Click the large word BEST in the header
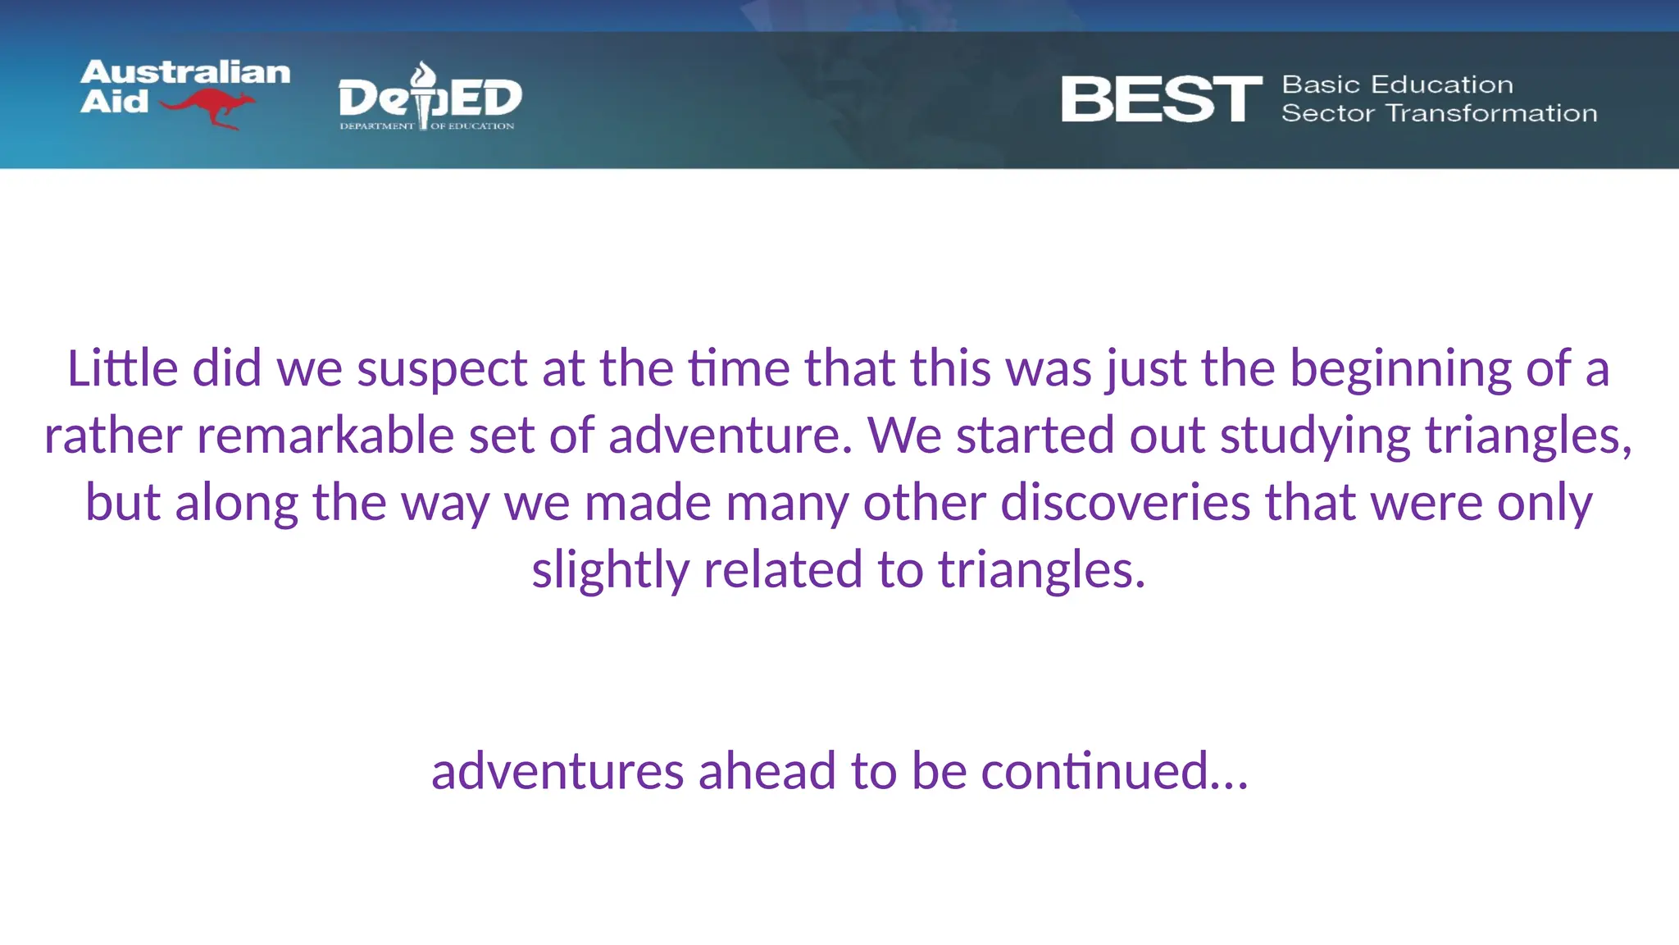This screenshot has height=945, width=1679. point(1161,99)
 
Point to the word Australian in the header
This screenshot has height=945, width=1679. point(185,72)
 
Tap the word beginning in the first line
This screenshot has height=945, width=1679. point(1400,369)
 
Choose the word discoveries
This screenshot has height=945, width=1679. point(1125,502)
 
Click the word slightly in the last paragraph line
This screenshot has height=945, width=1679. point(610,571)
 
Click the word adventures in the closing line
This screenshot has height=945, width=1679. point(557,771)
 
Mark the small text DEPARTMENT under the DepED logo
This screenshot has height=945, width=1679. point(377,126)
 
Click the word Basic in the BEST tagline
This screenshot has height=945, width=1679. point(1320,84)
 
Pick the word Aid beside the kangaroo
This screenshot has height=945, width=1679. point(114,102)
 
